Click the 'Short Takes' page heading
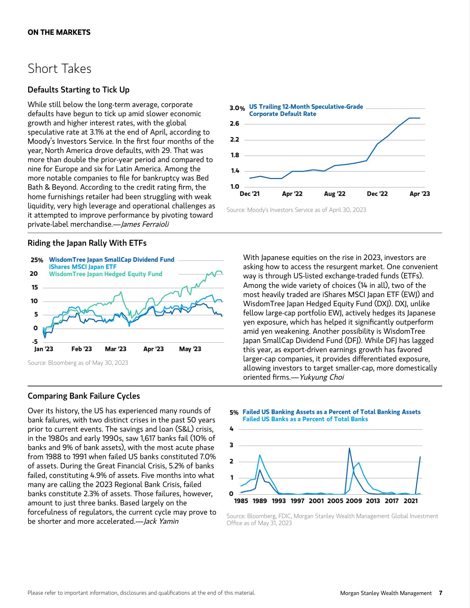pyautogui.click(x=60, y=69)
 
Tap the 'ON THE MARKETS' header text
pyautogui.click(x=59, y=32)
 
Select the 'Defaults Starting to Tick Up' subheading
pyautogui.click(x=79, y=90)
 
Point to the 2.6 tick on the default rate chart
pyautogui.click(x=235, y=123)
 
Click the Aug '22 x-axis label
pyautogui.click(x=334, y=194)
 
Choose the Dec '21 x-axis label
pyautogui.click(x=250, y=194)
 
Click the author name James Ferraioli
pyautogui.click(x=145, y=225)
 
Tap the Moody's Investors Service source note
pyautogui.click(x=296, y=210)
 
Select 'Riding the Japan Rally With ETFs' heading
pyautogui.click(x=87, y=243)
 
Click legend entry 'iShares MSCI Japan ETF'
pyautogui.click(x=83, y=267)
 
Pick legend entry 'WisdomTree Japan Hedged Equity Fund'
pyautogui.click(x=105, y=274)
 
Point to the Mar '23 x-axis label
pyautogui.click(x=116, y=349)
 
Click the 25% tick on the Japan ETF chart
pyautogui.click(x=37, y=260)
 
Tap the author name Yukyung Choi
pyautogui.click(x=321, y=377)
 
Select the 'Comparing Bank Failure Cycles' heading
pyautogui.click(x=84, y=396)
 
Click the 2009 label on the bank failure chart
pyautogui.click(x=354, y=501)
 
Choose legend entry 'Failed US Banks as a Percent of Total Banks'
pyautogui.click(x=305, y=419)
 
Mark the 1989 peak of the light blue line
pyautogui.click(x=260, y=455)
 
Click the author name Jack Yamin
pyautogui.click(x=161, y=521)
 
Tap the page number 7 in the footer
pyautogui.click(x=440, y=593)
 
